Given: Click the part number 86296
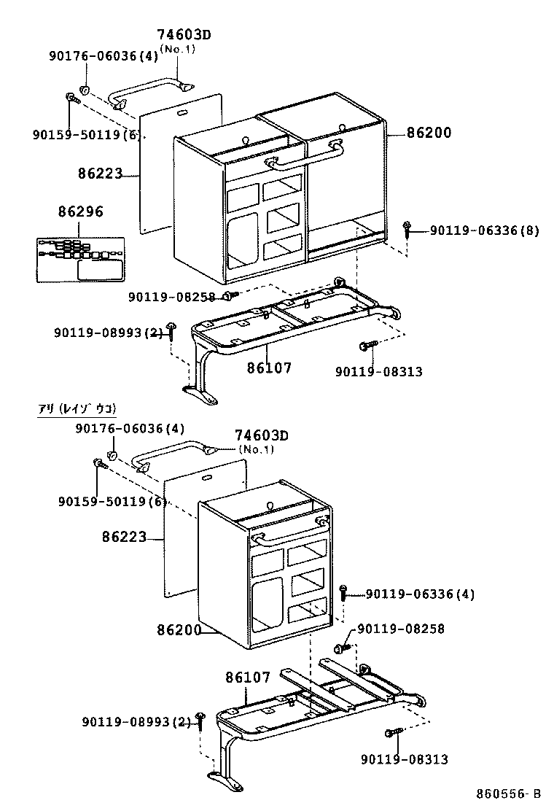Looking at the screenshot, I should tap(80, 212).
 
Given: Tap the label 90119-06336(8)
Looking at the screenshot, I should tap(484, 230).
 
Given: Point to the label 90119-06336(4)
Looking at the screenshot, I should tap(419, 595).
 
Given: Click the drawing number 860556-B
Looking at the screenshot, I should tap(509, 793).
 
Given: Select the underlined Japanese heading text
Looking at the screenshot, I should tap(77, 408).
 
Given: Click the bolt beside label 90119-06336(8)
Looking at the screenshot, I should tap(407, 229).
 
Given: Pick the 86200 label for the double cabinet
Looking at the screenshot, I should tap(429, 133).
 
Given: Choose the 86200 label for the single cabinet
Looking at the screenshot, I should tap(178, 629).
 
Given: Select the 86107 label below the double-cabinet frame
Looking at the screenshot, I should tap(268, 368).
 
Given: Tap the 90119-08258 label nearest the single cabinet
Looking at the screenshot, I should tap(400, 629).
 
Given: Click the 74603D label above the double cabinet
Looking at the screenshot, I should tap(188, 34).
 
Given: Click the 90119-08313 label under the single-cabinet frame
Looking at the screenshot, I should tap(404, 759).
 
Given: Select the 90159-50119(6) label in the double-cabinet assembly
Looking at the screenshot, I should tap(86, 134).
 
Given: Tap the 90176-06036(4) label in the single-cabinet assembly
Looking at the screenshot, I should tap(130, 428).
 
